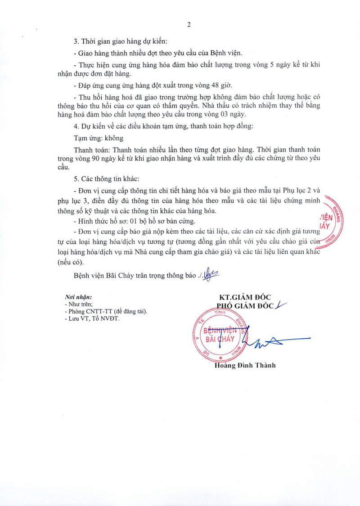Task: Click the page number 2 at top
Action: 189,25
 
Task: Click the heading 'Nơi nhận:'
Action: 78,297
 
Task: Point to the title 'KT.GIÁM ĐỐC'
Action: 246,297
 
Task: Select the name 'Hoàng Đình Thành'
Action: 245,365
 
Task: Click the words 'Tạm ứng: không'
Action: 98,138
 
